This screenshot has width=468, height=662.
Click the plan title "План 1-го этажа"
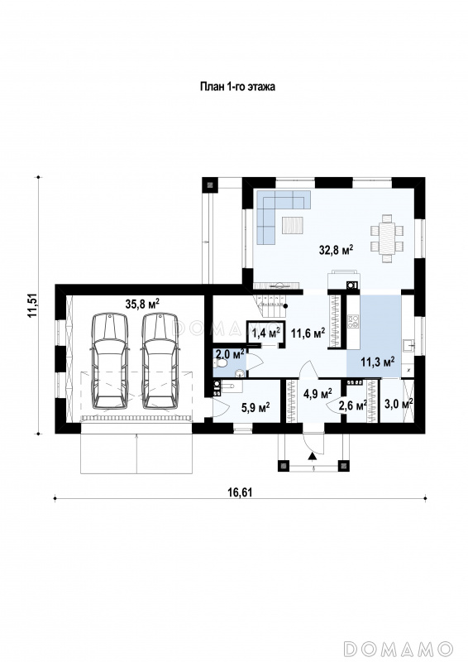click(x=237, y=87)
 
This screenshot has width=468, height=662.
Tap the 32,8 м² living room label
click(x=336, y=250)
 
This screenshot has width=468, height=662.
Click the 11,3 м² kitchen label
click(x=378, y=362)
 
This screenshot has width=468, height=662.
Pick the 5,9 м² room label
click(x=255, y=407)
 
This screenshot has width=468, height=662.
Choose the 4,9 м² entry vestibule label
click(x=318, y=394)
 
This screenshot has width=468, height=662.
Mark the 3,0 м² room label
click(x=399, y=404)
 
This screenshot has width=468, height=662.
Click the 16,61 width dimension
click(x=240, y=492)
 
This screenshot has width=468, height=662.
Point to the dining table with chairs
click(x=387, y=238)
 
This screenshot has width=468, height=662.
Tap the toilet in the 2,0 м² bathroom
click(x=221, y=363)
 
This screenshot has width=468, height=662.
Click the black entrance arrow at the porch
click(x=313, y=456)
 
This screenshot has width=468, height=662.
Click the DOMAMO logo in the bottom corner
click(x=399, y=649)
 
